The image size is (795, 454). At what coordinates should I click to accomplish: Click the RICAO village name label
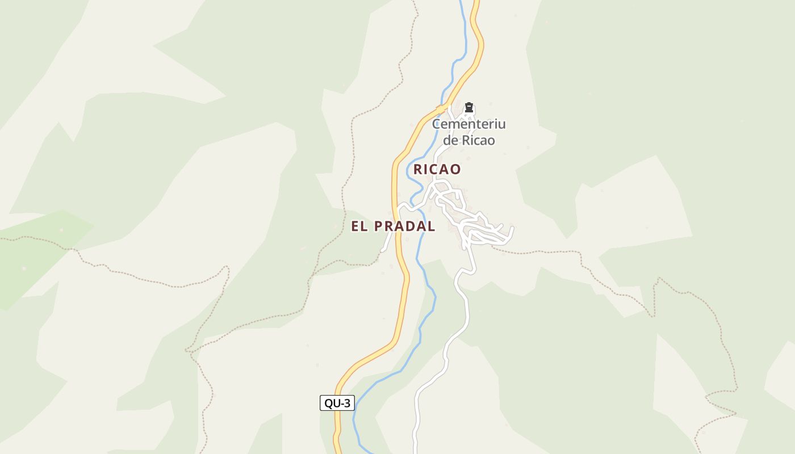[x=437, y=169]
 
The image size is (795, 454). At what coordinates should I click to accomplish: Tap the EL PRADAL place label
[x=393, y=226]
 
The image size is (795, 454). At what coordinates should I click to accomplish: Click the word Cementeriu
[x=468, y=124]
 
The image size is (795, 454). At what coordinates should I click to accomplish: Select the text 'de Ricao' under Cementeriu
[x=468, y=140]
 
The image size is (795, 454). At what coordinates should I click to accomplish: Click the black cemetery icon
[x=469, y=107]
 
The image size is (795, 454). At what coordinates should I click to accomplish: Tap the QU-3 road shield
[x=337, y=403]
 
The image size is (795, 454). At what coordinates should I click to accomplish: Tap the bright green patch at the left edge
[x=34, y=255]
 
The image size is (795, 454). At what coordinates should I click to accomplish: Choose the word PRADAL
[x=404, y=226]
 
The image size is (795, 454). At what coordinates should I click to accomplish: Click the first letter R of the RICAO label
[x=418, y=169]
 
